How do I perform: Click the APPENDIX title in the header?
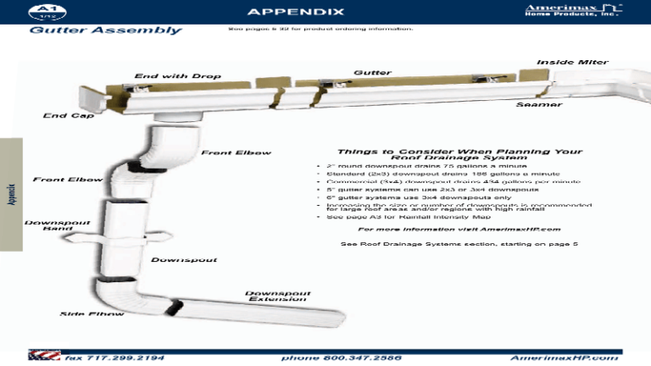[295, 12]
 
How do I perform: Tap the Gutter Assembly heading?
[106, 30]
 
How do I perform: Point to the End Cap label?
[69, 115]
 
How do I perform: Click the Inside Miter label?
[572, 62]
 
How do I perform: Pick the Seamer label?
[538, 104]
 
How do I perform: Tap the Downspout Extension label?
[278, 297]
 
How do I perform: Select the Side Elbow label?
[92, 314]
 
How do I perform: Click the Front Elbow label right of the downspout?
[236, 152]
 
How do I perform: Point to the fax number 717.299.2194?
[114, 358]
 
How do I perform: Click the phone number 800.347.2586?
[341, 358]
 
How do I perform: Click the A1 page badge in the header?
[42, 11]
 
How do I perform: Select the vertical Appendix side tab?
[11, 194]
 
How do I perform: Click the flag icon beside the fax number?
[38, 356]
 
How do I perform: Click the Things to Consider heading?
[459, 154]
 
